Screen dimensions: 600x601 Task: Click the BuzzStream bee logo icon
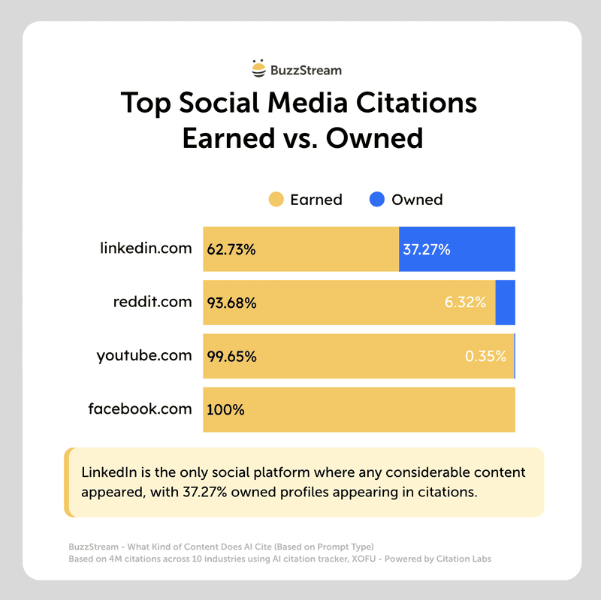tap(259, 70)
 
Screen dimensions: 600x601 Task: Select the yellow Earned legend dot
tap(276, 200)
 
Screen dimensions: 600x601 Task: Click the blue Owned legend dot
tap(377, 200)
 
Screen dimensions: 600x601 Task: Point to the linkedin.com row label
tap(146, 248)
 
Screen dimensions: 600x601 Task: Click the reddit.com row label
tap(153, 302)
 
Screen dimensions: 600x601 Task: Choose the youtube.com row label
tap(144, 355)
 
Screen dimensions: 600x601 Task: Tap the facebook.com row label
tap(140, 409)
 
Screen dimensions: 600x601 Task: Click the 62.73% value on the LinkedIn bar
tap(231, 249)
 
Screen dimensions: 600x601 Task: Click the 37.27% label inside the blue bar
tap(427, 249)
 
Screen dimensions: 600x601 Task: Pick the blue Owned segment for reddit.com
tap(505, 303)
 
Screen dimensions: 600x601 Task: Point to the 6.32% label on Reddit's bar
tap(465, 303)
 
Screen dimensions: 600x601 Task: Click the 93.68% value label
tap(231, 303)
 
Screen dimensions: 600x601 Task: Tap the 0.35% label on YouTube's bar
tap(485, 357)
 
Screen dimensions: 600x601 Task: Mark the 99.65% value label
tap(231, 357)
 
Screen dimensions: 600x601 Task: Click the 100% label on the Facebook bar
tap(225, 411)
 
